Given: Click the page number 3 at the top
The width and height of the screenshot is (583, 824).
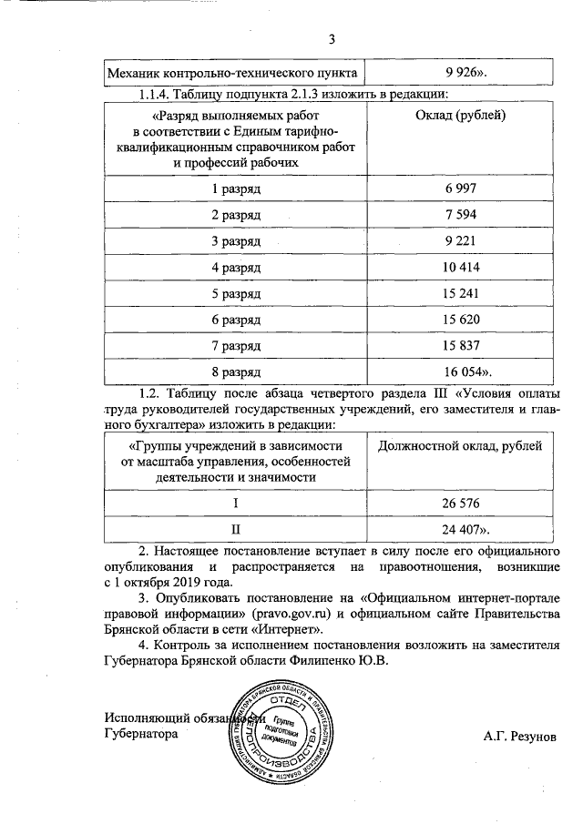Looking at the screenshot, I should [x=332, y=39].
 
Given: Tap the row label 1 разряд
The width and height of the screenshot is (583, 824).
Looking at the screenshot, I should [x=236, y=188].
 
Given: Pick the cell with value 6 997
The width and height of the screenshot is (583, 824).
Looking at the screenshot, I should [x=460, y=188].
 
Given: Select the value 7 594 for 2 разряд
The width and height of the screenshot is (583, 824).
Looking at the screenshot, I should [x=460, y=215].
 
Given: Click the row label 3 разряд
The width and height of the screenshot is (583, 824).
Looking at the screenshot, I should [x=236, y=241].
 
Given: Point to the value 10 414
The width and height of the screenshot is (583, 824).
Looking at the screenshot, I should [x=460, y=268].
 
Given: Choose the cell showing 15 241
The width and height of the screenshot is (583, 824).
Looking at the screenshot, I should [x=460, y=294].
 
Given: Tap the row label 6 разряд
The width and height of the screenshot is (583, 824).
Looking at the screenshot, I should [x=236, y=320].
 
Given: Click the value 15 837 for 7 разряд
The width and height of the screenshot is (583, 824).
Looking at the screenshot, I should [x=460, y=347].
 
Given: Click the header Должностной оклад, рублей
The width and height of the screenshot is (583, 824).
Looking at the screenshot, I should [x=460, y=446].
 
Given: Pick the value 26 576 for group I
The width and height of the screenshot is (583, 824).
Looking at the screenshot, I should [x=460, y=504].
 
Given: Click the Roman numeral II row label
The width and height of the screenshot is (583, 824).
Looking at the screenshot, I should [x=236, y=529].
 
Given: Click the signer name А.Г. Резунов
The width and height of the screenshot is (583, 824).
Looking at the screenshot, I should [x=518, y=735].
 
